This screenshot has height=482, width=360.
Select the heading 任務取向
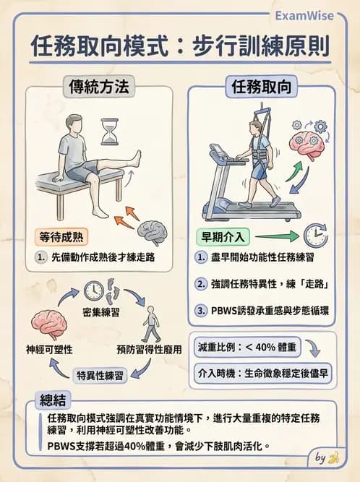(x=262, y=87)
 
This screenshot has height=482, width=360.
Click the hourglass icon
(x=110, y=132)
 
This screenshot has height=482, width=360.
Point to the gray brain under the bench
(x=154, y=231)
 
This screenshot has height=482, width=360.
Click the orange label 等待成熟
(x=64, y=236)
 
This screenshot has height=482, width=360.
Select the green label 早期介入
(x=223, y=236)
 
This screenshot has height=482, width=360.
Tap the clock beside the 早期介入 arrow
(x=315, y=235)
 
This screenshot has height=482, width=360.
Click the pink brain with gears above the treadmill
(x=309, y=140)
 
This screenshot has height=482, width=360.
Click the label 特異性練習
(x=100, y=374)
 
